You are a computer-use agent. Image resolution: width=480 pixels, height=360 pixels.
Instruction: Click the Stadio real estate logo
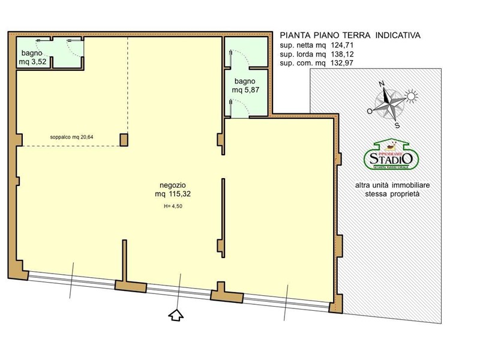pyautogui.click(x=391, y=156)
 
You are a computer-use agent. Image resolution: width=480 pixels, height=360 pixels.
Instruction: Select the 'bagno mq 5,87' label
pyautogui.click(x=245, y=85)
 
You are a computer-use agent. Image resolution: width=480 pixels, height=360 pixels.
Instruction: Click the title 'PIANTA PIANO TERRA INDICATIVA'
pyautogui.click(x=350, y=35)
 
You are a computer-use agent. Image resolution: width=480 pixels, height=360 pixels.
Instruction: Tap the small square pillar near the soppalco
pyautogui.click(x=124, y=139)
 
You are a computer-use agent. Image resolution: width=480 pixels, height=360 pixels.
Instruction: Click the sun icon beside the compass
pyautogui.click(x=411, y=95)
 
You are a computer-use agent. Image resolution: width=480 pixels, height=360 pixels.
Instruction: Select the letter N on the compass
pyautogui.click(x=380, y=85)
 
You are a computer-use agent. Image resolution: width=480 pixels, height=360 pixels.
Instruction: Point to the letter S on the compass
pyautogui.click(x=397, y=125)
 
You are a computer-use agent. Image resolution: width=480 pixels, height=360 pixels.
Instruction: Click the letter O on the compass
pyautogui.click(x=370, y=111)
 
